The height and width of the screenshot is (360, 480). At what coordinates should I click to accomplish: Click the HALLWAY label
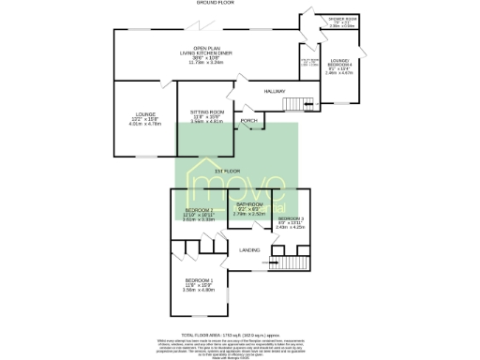pos(273,91)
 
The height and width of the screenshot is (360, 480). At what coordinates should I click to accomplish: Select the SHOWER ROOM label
pos(342,20)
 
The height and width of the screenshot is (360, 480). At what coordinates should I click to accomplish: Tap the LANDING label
pos(249,249)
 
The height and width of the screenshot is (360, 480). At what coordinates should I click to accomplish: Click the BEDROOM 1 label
pos(199,281)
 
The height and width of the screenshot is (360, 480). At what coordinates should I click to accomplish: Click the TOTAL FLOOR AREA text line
pos(239,334)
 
